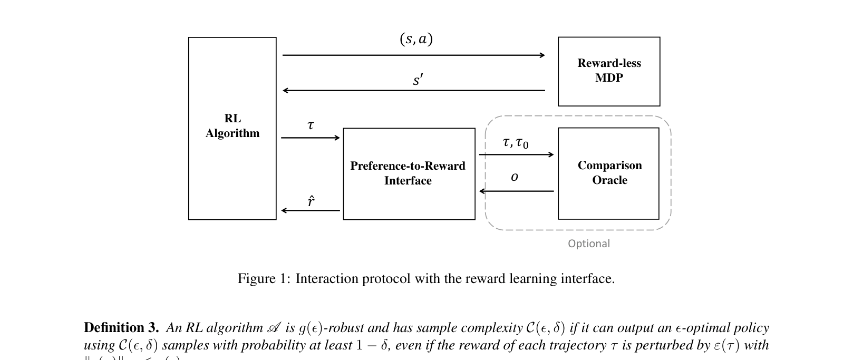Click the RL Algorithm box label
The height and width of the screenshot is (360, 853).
(x=232, y=126)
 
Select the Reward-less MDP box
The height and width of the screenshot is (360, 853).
(x=609, y=71)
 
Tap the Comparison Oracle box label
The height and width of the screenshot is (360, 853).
(x=609, y=173)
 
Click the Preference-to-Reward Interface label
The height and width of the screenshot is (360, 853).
(x=408, y=173)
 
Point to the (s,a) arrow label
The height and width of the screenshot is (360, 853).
(x=416, y=39)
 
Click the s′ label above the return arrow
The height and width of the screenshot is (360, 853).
(x=418, y=80)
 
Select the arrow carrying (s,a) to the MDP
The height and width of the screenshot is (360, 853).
(x=414, y=55)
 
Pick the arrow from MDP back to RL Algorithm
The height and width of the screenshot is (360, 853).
(x=414, y=91)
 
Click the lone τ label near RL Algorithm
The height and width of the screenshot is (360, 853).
(x=311, y=125)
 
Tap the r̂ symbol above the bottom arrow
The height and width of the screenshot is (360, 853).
(x=311, y=201)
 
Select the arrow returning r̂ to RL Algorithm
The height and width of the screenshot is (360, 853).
(x=311, y=210)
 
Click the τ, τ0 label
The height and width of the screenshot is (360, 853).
(x=515, y=143)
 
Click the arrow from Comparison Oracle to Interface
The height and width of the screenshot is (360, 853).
(x=516, y=191)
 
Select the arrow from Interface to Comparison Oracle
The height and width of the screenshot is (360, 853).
(x=516, y=154)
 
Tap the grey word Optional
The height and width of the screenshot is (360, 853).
(x=589, y=244)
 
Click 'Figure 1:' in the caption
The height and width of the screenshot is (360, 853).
(x=264, y=278)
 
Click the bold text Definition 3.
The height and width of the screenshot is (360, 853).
(x=121, y=328)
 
